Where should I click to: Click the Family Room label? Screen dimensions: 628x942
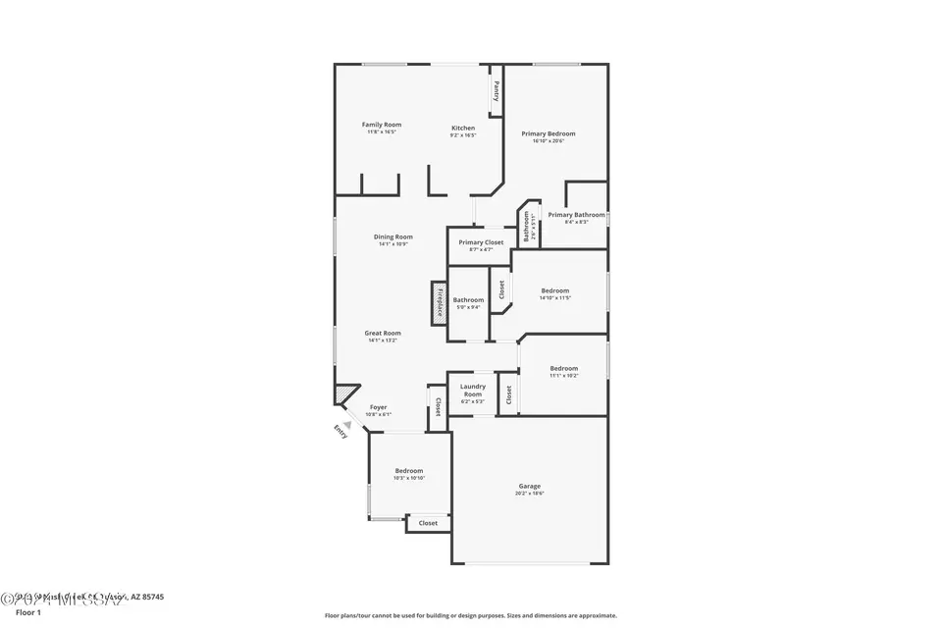382,125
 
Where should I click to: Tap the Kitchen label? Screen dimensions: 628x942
463,129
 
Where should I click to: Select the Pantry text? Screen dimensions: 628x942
497,91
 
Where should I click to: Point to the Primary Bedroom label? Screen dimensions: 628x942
549,133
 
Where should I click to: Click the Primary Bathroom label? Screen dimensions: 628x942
576,215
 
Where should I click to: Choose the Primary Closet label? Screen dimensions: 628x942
481,242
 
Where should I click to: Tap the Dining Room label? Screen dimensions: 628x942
392,236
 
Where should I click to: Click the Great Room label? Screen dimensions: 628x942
384,333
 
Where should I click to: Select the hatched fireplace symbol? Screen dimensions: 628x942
439,303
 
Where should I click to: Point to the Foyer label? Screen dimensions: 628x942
378,407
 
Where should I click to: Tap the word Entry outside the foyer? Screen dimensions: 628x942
340,429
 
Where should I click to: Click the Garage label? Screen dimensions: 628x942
530,487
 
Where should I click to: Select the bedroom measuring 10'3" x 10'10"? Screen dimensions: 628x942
409,478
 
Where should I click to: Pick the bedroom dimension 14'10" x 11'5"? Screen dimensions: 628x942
555,297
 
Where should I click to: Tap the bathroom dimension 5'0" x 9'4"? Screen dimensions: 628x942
468,307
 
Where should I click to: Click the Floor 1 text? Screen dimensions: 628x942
27,612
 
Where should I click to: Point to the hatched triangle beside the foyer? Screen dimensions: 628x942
341,393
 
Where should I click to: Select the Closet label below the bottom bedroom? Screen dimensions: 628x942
428,523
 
